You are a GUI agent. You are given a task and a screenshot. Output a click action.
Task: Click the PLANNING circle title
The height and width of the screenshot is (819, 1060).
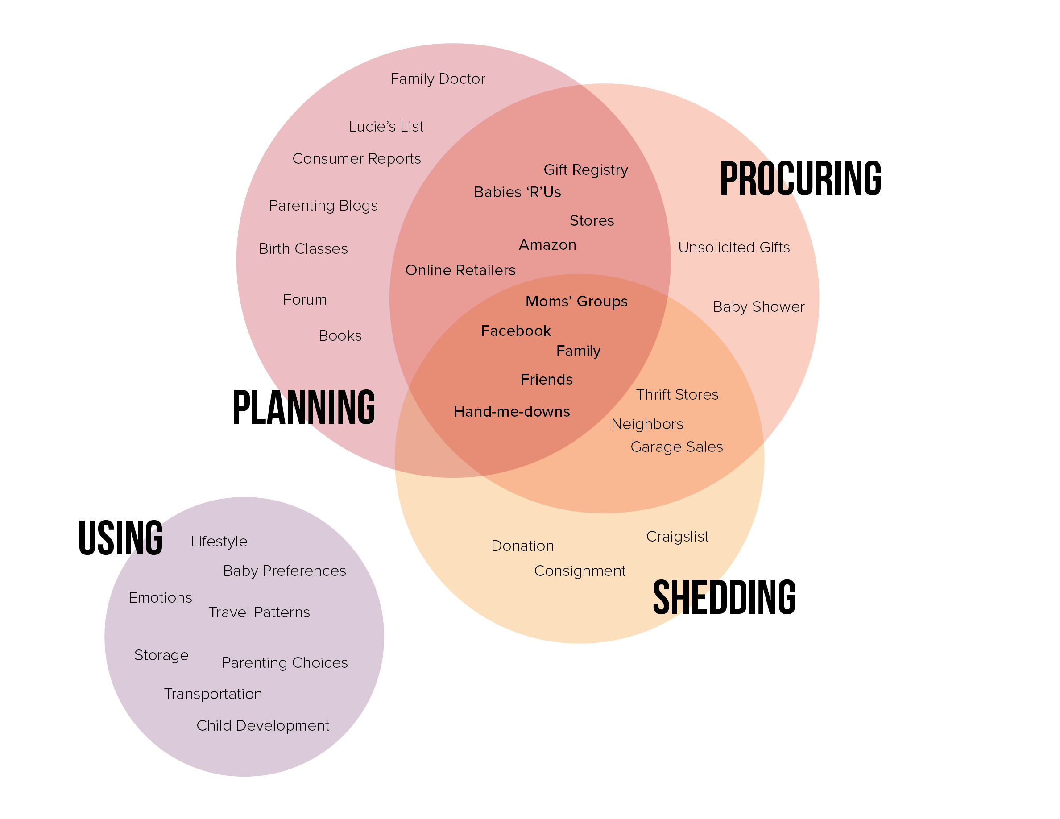click(303, 407)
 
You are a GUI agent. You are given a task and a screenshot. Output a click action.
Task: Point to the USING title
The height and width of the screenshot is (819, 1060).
click(120, 537)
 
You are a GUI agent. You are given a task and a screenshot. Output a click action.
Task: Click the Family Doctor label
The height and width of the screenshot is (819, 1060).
click(437, 79)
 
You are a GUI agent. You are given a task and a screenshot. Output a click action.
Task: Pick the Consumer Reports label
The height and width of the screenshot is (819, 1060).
click(356, 159)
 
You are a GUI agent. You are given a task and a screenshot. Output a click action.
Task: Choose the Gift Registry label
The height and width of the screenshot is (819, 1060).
click(585, 170)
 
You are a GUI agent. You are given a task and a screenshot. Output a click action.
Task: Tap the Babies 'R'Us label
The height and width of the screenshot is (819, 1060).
click(517, 192)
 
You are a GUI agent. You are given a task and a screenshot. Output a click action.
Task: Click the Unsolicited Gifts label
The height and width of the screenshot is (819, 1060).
click(733, 248)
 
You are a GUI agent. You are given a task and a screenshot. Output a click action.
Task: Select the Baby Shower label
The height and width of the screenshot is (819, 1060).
click(758, 306)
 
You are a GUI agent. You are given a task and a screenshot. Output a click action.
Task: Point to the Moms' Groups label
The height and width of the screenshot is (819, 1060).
click(576, 301)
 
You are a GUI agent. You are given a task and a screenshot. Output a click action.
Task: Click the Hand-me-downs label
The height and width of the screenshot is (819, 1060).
click(512, 411)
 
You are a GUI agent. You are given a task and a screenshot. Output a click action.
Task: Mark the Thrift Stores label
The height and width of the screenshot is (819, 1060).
click(677, 394)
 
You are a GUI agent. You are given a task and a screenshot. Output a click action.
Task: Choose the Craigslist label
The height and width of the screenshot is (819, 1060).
click(677, 536)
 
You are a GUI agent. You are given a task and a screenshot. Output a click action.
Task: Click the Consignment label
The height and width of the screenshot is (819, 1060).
click(580, 571)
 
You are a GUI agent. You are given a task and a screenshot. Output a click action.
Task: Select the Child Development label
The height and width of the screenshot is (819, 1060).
click(263, 725)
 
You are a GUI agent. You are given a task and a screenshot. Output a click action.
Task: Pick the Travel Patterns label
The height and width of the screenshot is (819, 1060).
click(259, 612)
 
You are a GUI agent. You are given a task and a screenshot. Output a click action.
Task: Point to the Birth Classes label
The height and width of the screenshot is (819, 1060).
click(303, 249)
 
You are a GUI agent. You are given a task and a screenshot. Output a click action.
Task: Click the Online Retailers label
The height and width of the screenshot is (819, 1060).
click(460, 270)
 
